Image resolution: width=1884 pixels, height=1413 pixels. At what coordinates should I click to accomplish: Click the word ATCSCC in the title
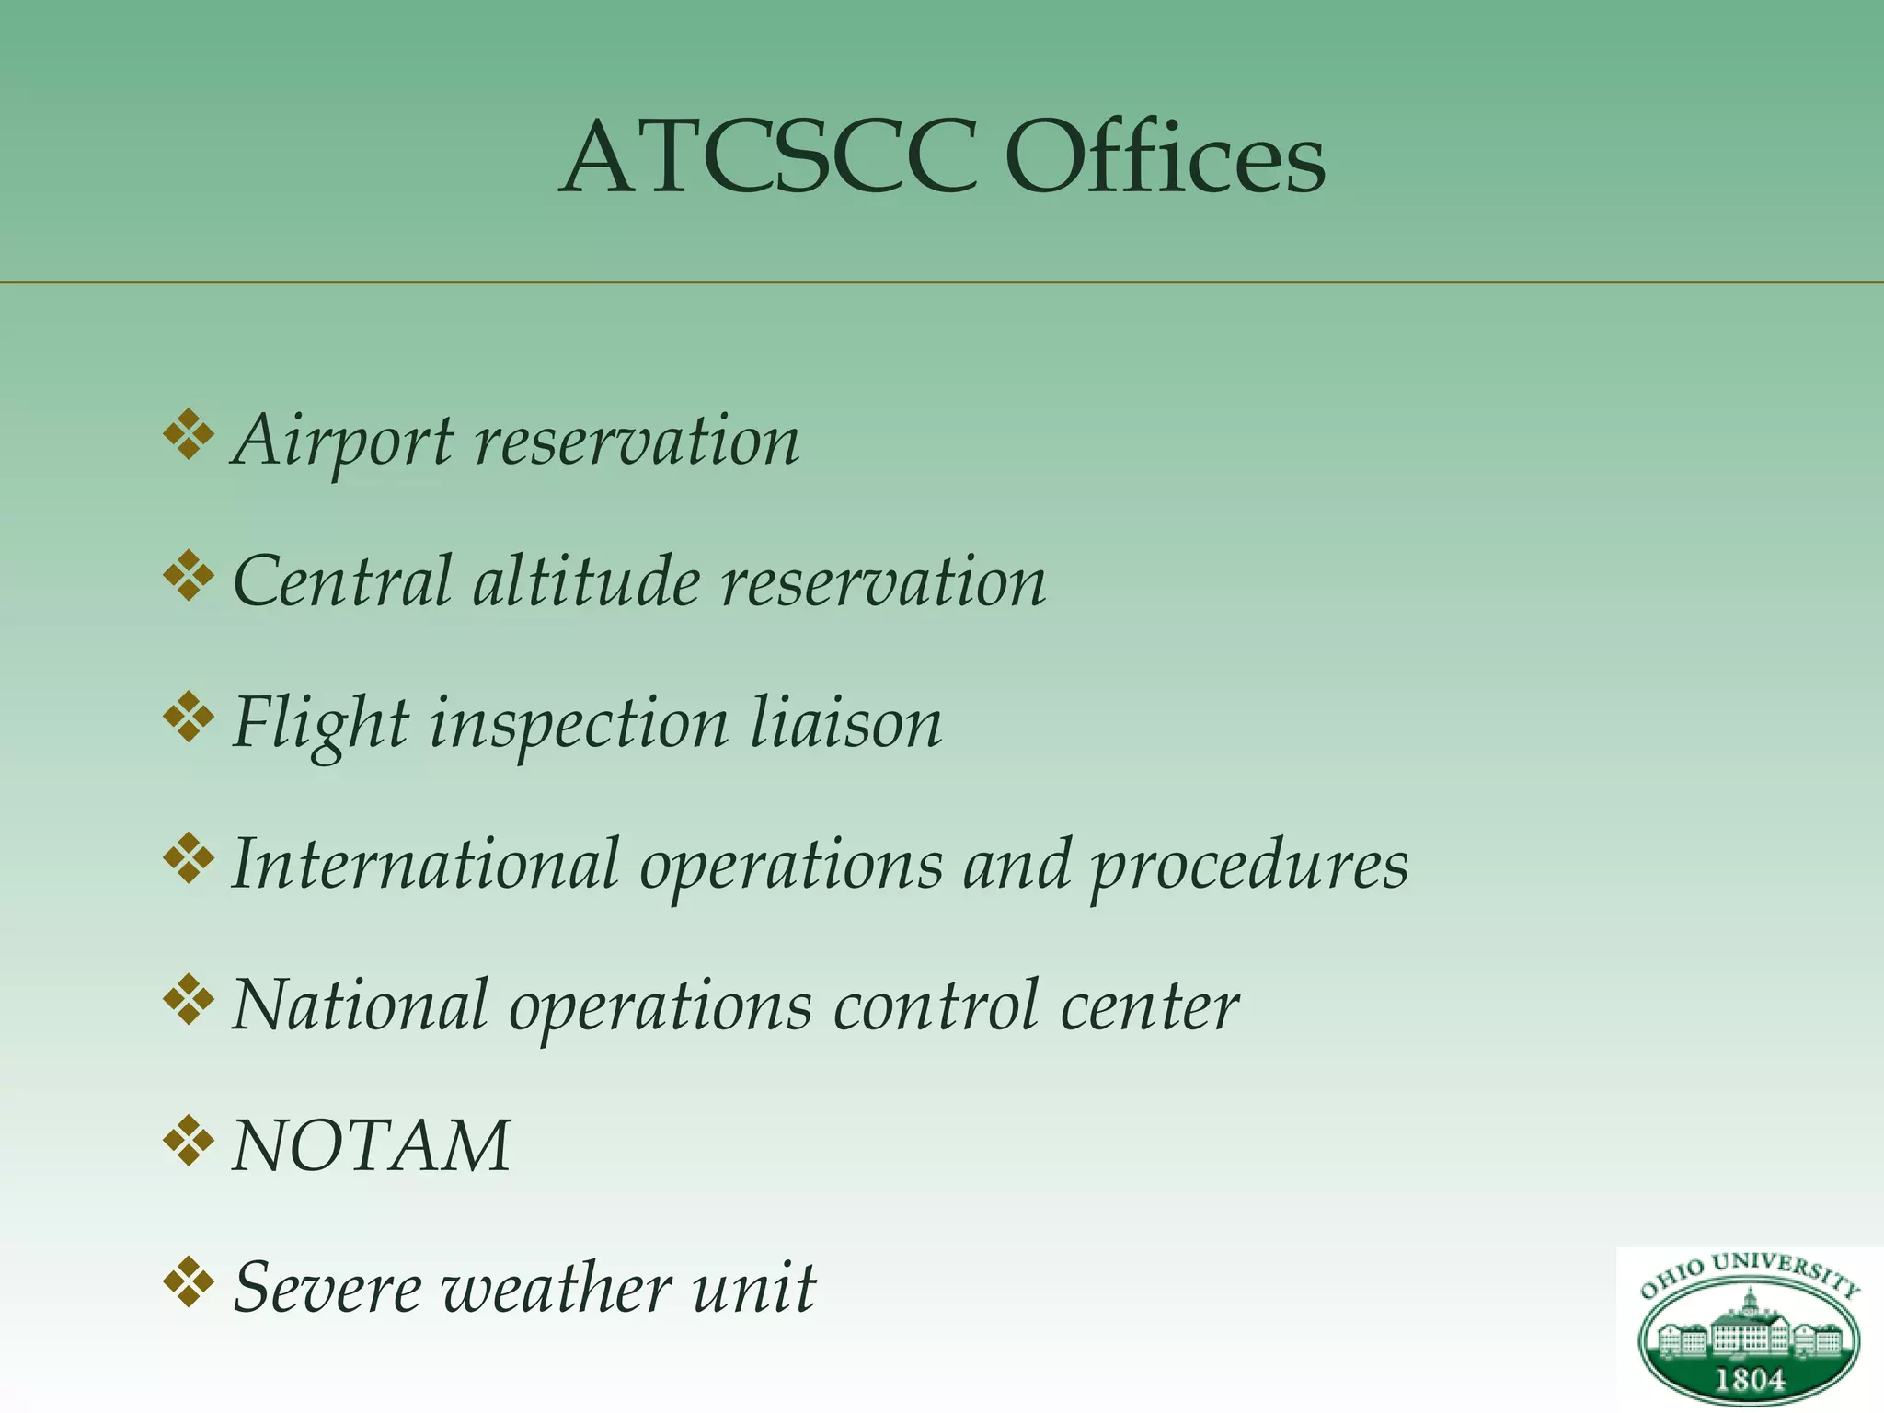click(768, 158)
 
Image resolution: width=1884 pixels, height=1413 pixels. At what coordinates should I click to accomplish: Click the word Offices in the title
click(1165, 158)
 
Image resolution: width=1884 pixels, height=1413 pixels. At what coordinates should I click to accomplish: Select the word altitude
click(586, 582)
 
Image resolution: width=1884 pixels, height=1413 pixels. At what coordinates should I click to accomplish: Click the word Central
click(342, 582)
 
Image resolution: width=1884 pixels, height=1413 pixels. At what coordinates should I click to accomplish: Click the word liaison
click(846, 723)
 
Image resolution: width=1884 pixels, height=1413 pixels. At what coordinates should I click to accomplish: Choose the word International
click(425, 865)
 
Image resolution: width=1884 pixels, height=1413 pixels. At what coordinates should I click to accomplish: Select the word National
click(360, 1005)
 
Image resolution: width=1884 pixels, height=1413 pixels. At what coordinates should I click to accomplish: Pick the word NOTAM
click(372, 1146)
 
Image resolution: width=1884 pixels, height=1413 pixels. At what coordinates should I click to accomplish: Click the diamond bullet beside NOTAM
click(189, 1141)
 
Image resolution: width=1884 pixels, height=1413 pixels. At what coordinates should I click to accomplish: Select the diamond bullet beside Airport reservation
click(189, 434)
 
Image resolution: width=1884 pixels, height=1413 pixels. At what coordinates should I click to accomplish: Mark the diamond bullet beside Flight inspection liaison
click(189, 718)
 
